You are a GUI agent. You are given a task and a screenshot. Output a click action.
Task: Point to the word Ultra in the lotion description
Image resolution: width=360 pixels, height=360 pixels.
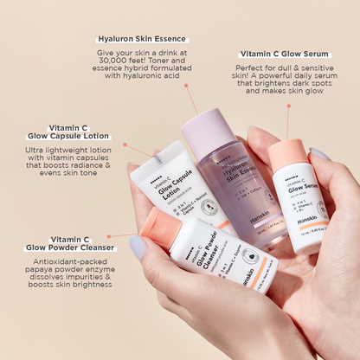[x=37, y=151]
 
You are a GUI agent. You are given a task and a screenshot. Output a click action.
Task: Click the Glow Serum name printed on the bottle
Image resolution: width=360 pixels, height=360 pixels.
[x=303, y=187]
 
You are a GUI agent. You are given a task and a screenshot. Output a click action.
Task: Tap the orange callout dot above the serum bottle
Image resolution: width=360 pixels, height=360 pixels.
[x=288, y=106]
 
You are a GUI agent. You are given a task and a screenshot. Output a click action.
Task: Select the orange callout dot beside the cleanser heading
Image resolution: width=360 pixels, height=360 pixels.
[x=109, y=235]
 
